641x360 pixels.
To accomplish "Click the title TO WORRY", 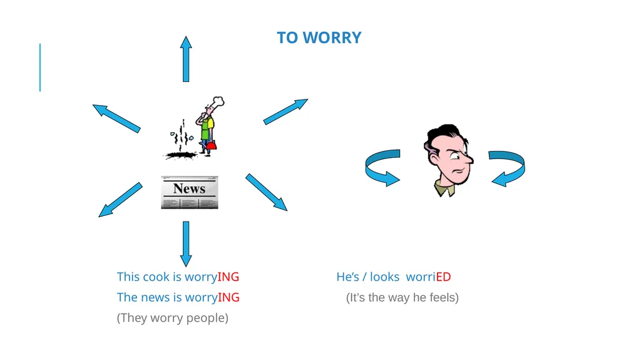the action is click(319, 38).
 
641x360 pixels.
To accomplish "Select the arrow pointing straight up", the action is click(186, 59).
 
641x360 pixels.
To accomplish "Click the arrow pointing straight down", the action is click(186, 244).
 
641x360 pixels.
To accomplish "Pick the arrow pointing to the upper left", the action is click(116, 118).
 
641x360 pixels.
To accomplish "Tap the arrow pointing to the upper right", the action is click(285, 111).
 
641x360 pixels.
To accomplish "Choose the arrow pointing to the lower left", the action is click(120, 200).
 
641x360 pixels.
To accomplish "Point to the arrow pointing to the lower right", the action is click(267, 192).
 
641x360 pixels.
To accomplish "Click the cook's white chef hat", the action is click(217, 101).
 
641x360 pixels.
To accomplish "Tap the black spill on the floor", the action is click(180, 155).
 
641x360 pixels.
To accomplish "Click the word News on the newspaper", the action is click(189, 188).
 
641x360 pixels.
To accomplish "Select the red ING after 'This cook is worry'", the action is click(228, 277).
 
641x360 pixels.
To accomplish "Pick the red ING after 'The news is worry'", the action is click(228, 297).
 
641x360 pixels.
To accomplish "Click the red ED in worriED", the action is click(443, 277).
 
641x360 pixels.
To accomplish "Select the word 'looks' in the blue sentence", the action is click(385, 277).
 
